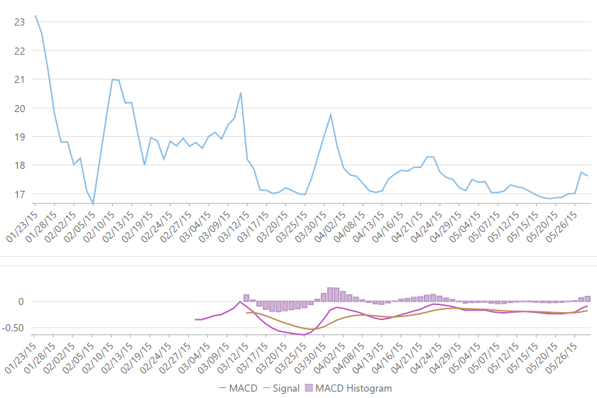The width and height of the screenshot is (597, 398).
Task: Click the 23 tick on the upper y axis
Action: click(19, 22)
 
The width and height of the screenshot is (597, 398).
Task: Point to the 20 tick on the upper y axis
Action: click(19, 108)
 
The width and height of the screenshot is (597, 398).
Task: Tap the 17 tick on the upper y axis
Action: click(19, 194)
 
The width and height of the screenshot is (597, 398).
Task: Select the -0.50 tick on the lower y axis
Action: click(14, 328)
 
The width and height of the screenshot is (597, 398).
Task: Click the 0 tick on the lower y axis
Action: click(21, 302)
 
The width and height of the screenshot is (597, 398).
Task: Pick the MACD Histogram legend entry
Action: click(348, 388)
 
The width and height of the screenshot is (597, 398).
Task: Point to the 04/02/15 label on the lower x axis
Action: click(330, 353)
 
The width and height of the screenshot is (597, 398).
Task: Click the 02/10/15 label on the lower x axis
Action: click(99, 353)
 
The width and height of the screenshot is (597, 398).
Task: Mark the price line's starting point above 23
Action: click(35, 16)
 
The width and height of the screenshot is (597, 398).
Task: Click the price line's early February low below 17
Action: click(93, 203)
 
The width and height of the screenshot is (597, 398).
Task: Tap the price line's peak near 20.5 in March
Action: click(241, 93)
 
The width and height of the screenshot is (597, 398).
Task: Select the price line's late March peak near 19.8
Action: click(330, 114)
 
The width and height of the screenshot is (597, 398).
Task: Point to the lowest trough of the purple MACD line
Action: click(305, 335)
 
